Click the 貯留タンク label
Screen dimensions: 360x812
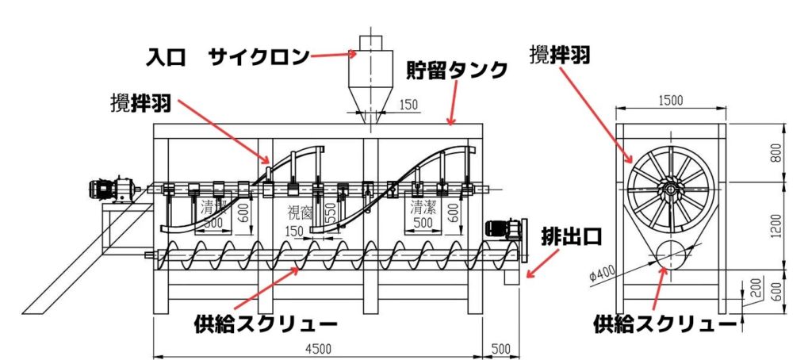456,71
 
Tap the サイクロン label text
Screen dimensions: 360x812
259,57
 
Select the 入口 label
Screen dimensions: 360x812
167,57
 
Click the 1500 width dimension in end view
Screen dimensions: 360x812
670,101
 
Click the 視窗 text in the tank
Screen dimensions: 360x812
297,213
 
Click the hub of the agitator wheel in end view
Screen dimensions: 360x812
670,190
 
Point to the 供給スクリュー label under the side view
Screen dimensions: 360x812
266,323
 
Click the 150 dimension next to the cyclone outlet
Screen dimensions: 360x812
408,104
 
